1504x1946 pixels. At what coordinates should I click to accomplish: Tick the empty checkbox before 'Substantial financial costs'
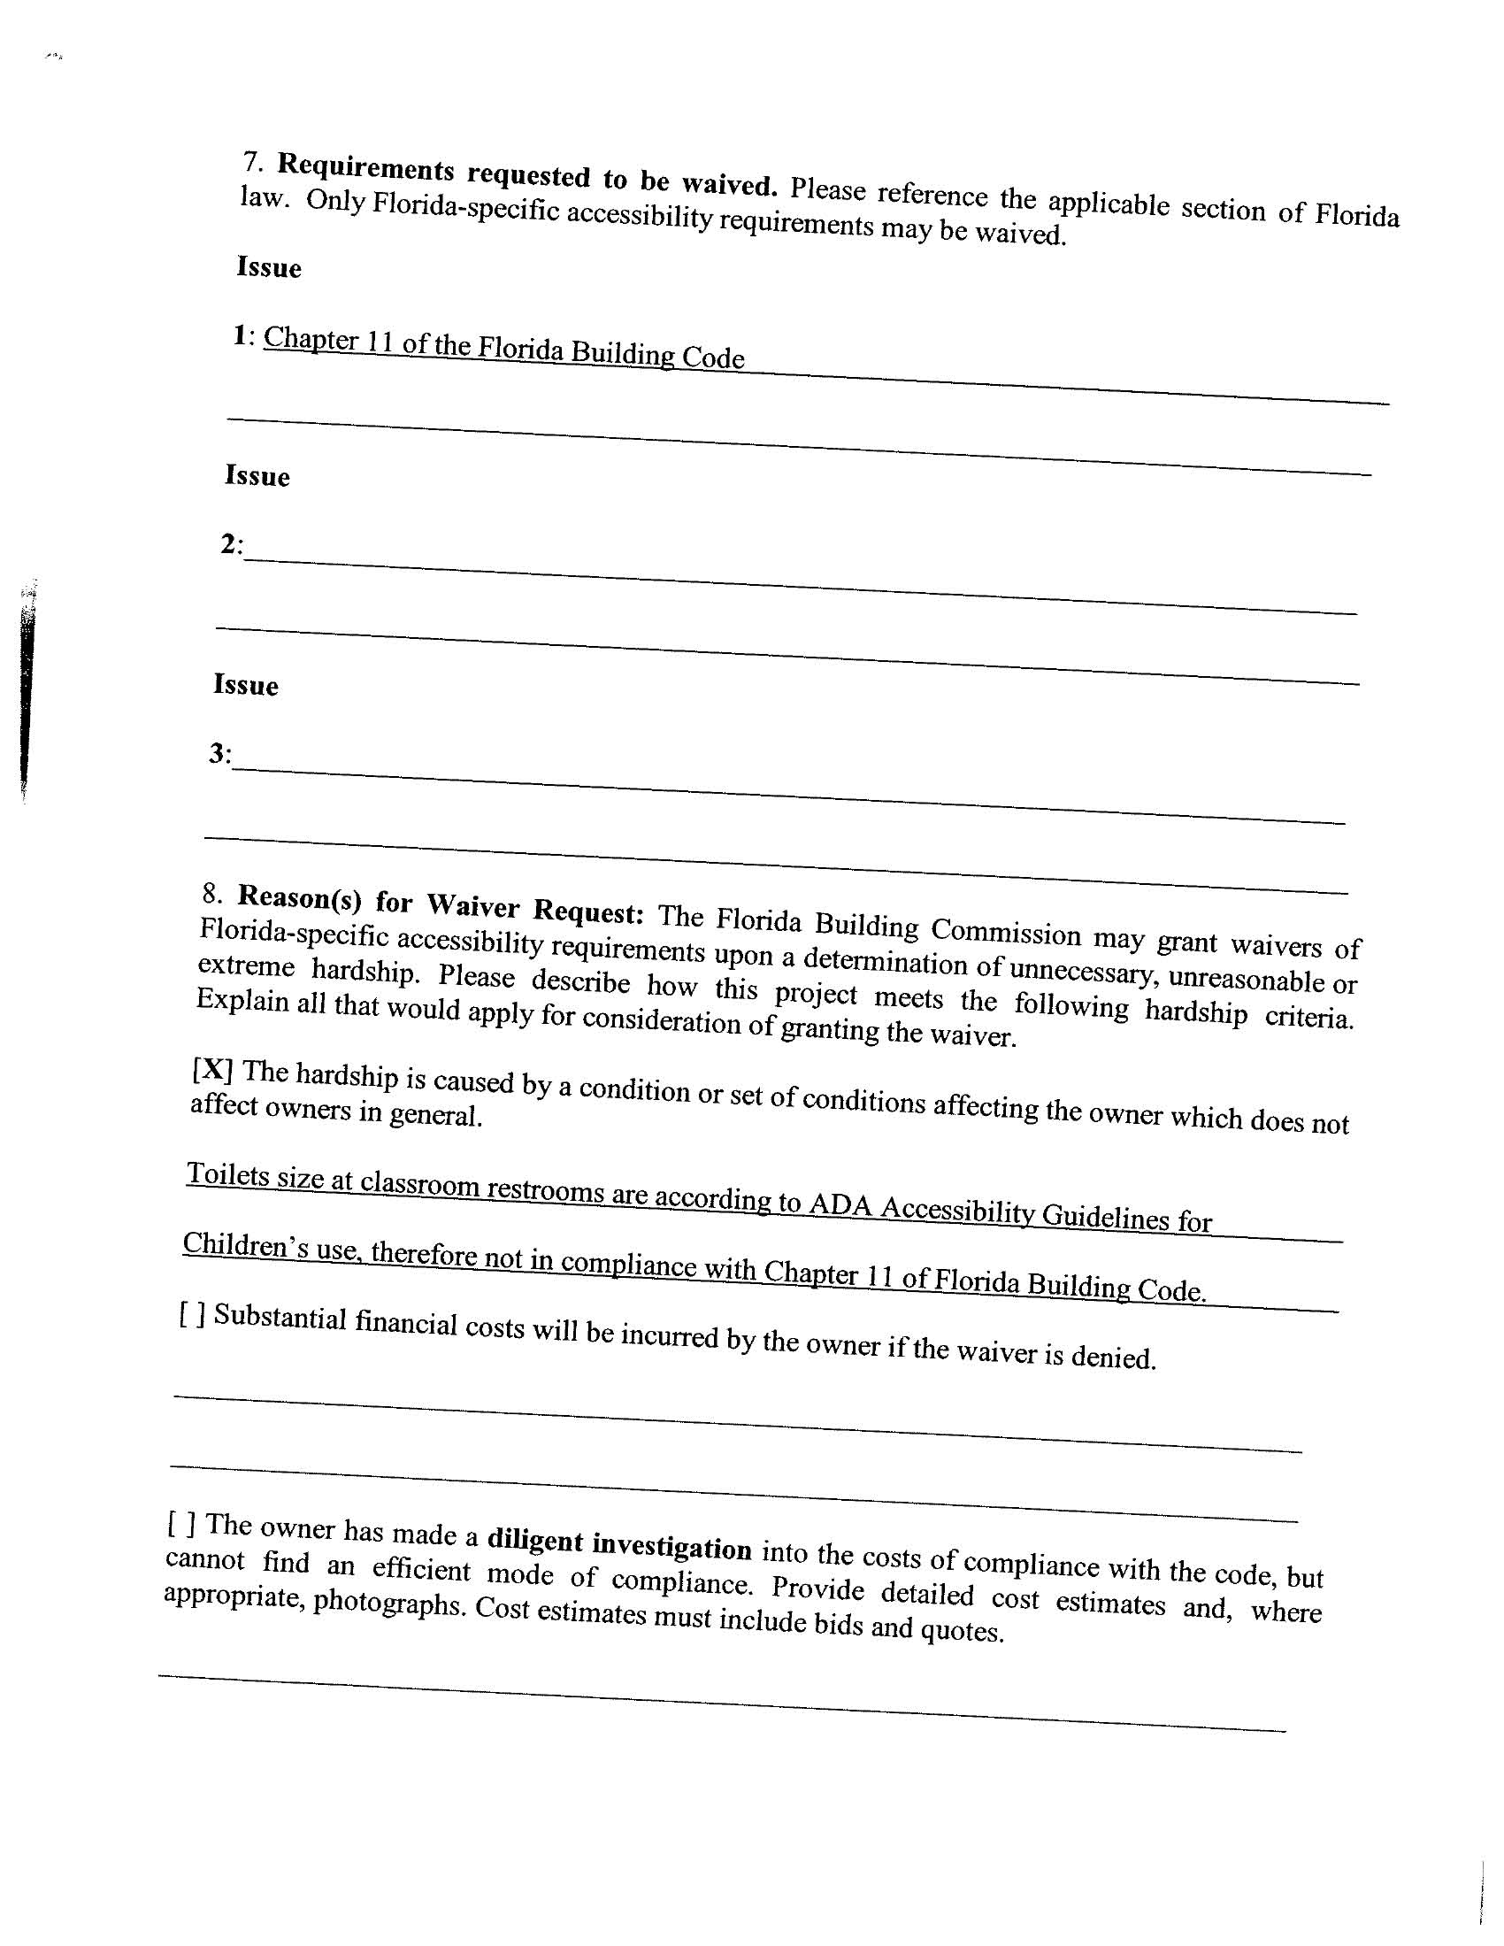(194, 1313)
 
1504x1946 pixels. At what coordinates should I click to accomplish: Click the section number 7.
(252, 161)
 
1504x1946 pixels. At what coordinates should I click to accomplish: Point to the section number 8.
(212, 892)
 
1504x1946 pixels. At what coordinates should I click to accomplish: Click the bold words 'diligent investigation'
(619, 1544)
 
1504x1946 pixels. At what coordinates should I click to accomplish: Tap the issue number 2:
(232, 543)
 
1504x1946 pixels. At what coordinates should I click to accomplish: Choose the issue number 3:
(220, 754)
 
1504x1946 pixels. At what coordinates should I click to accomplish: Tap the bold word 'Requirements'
(365, 167)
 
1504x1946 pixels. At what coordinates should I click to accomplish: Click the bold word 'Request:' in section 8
(588, 911)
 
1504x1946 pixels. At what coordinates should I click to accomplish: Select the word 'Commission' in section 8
(1006, 932)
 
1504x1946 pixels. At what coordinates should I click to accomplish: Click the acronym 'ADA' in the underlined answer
(840, 1204)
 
